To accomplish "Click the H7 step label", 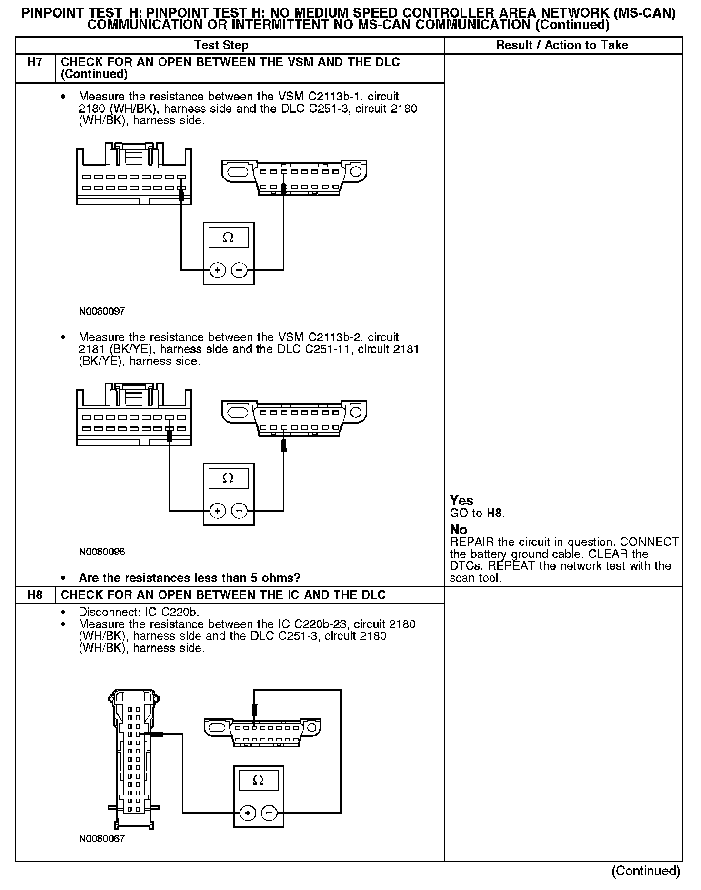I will click(x=35, y=62).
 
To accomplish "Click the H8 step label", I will click(x=35, y=595).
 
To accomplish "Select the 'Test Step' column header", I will click(x=221, y=45).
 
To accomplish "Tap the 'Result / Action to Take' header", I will click(x=562, y=45).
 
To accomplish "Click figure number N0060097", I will click(x=102, y=312).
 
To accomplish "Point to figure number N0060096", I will click(x=102, y=552).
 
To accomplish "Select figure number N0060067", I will click(x=102, y=838).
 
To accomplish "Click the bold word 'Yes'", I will click(x=461, y=501).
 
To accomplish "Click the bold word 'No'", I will click(x=459, y=530).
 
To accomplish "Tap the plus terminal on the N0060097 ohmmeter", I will click(x=218, y=271).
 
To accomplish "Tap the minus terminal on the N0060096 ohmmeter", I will click(x=239, y=511).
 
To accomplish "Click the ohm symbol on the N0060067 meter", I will click(x=258, y=781).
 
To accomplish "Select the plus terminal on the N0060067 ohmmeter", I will click(x=248, y=813).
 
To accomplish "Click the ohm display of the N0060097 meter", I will click(x=228, y=238).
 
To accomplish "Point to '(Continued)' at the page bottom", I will click(x=646, y=870).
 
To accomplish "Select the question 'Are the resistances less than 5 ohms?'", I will click(x=190, y=578).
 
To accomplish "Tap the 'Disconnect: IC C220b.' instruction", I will click(x=139, y=612).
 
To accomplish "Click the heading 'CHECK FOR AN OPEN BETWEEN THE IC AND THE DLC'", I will click(x=223, y=595).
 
